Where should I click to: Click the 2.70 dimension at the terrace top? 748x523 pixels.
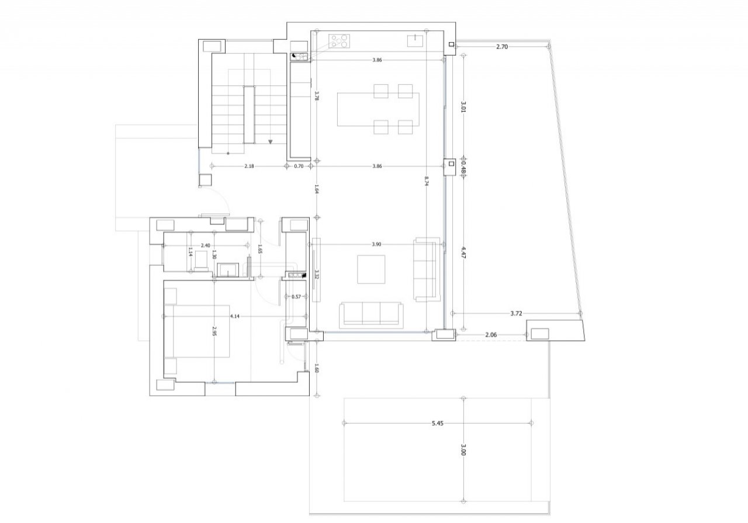(502, 47)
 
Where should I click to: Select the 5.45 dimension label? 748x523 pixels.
(438, 423)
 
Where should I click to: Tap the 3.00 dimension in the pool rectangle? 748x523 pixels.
(463, 449)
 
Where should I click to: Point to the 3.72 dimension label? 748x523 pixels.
(516, 313)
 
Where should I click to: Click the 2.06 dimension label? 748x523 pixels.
(491, 335)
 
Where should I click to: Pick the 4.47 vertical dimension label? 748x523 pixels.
(463, 253)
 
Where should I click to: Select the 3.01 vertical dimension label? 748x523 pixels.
(463, 107)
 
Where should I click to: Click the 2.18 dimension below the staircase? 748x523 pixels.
(249, 166)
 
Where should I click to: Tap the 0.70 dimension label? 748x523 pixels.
(299, 166)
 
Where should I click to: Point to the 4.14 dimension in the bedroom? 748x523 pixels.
(235, 316)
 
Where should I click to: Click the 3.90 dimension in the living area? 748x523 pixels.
(376, 244)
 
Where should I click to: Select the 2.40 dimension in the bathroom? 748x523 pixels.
(205, 245)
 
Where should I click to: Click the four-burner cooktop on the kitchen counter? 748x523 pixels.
(340, 41)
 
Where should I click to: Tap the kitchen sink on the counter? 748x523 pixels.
(415, 41)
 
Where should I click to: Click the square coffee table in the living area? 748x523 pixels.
(371, 269)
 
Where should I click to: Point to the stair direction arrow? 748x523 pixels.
(271, 142)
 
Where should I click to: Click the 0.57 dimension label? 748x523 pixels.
(296, 296)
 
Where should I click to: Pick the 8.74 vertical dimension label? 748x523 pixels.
(427, 181)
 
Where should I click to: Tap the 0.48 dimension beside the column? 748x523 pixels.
(463, 169)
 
